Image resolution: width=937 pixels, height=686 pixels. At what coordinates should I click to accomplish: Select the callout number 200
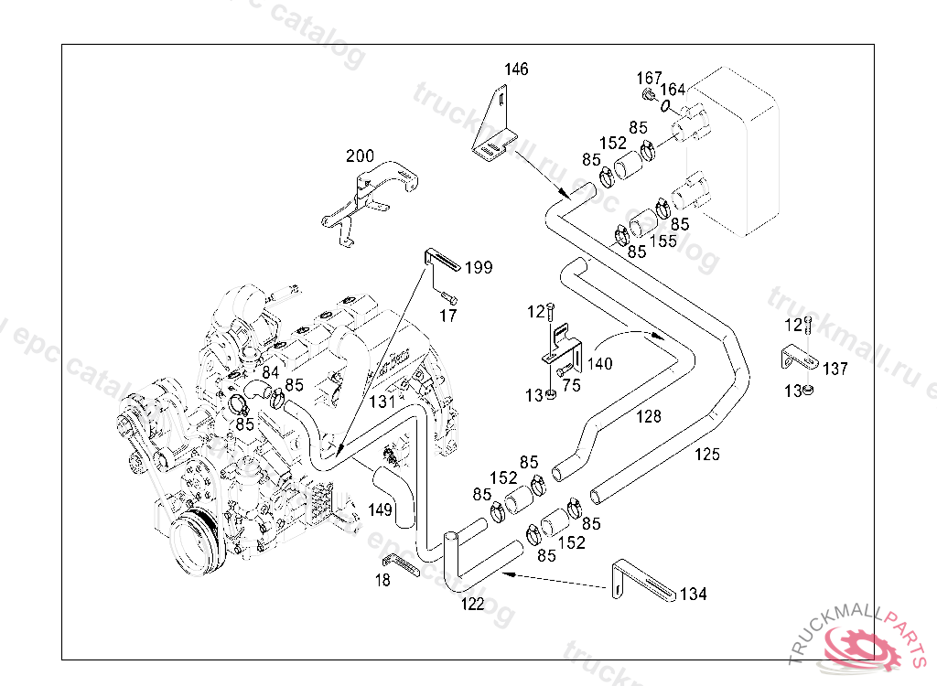tap(360, 156)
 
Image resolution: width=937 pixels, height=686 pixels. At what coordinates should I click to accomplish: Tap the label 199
tap(479, 268)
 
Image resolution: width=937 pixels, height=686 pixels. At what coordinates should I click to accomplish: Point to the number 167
tap(649, 78)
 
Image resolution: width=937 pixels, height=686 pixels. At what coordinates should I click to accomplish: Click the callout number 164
tap(673, 90)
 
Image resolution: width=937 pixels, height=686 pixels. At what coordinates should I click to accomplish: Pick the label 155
tap(663, 241)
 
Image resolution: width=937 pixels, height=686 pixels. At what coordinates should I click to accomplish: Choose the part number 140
tap(600, 363)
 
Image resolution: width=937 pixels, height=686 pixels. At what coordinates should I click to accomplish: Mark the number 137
tap(835, 370)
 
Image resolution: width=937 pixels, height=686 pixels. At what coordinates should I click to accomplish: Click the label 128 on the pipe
tap(648, 417)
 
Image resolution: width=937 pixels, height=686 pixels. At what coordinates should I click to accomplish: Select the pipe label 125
tap(706, 454)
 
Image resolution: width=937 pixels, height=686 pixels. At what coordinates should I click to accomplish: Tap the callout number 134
tap(694, 595)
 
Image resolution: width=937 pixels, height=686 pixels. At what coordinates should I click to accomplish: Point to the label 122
tap(472, 605)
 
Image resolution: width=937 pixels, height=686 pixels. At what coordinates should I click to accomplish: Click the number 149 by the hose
tap(381, 509)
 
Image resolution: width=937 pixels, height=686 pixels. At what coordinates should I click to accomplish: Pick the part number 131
tap(382, 401)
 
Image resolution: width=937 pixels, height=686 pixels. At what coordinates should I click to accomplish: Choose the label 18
tap(382, 580)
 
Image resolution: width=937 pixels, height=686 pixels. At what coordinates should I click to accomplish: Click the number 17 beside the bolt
tap(447, 316)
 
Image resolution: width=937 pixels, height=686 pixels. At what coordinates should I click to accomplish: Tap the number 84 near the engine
tap(270, 372)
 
